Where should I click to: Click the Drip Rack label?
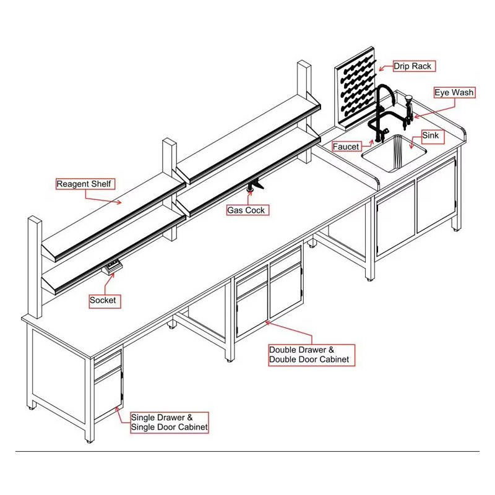(414, 66)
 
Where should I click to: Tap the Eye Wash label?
(454, 93)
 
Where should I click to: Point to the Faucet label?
(346, 147)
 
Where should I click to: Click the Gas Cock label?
(246, 210)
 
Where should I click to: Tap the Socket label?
(103, 301)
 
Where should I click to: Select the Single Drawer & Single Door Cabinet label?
(169, 422)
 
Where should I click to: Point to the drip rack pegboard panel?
(356, 93)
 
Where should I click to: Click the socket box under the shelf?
(112, 267)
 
